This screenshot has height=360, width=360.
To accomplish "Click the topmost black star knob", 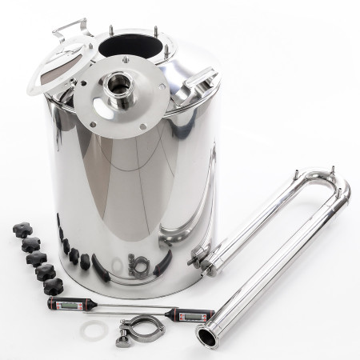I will [19, 228].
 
